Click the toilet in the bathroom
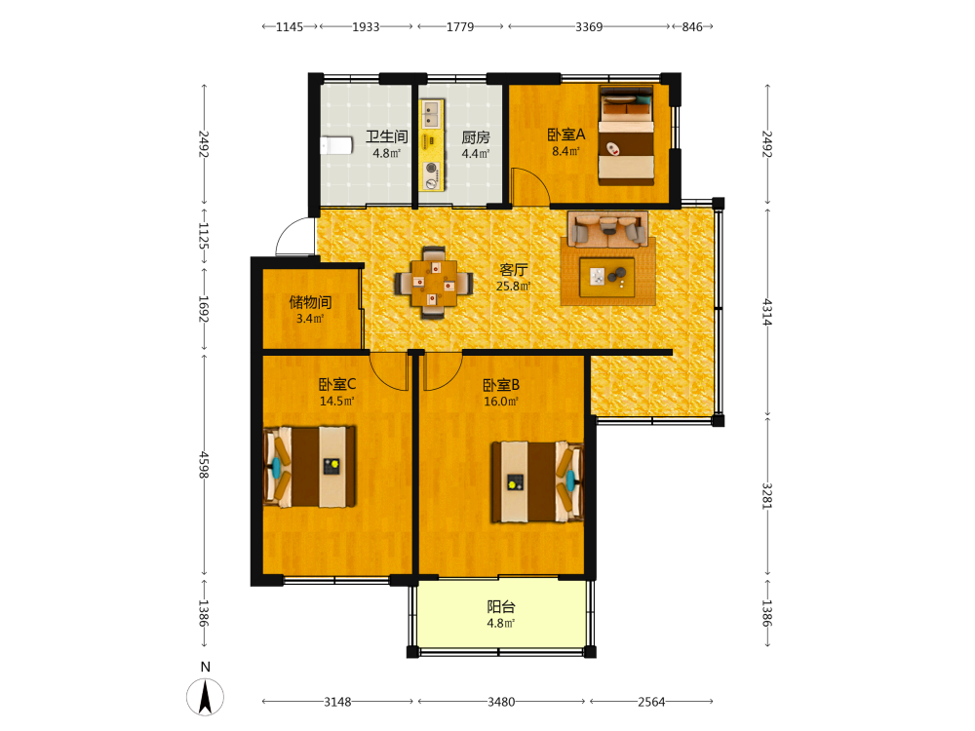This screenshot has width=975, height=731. [x=336, y=145]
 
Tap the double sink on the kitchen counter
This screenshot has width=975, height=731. [x=432, y=114]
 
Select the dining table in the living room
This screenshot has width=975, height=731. [x=434, y=284]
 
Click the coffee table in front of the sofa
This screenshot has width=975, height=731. [x=606, y=277]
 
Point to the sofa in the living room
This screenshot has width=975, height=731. [x=608, y=228]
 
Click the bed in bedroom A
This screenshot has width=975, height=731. [x=626, y=135]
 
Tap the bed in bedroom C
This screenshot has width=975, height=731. [x=310, y=466]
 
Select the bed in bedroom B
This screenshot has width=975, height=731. [x=538, y=481]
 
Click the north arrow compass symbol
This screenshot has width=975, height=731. [x=205, y=696]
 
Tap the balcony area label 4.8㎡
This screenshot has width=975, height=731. [x=500, y=624]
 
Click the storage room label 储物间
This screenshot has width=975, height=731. [x=310, y=302]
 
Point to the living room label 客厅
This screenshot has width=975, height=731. [x=514, y=269]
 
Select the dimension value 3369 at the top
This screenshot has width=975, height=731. [x=589, y=26]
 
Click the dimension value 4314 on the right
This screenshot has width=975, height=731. [x=767, y=312]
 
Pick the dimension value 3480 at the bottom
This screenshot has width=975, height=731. [x=501, y=702]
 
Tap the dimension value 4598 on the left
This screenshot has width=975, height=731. [x=204, y=465]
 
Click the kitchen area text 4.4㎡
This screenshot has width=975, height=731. [x=476, y=154]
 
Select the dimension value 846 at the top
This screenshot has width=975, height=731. [x=692, y=26]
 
